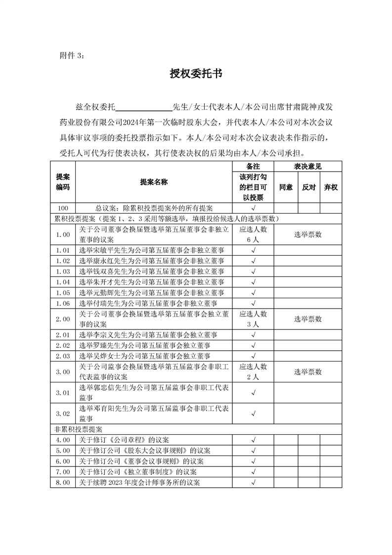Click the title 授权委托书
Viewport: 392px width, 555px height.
pos(196,74)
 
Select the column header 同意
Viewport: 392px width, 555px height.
pos(286,187)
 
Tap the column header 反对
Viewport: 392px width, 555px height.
pos(309,187)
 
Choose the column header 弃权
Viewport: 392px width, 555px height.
pos(331,187)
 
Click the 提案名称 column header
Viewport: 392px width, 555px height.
pos(154,182)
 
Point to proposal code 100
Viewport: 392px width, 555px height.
pos(63,208)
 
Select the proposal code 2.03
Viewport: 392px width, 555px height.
pos(63,356)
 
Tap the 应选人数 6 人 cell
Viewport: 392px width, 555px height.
pos(253,234)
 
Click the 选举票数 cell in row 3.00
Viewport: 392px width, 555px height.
pos(308,371)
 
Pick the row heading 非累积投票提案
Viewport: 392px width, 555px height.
pos(74,429)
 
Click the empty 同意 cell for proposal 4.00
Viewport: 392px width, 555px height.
pos(286,439)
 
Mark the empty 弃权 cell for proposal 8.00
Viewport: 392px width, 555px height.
pos(331,482)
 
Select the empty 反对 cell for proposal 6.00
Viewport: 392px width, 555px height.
pos(309,461)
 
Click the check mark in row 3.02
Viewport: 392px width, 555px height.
pos(253,414)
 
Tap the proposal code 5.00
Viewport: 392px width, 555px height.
pos(63,450)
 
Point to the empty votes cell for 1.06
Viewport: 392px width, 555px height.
pos(308,303)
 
